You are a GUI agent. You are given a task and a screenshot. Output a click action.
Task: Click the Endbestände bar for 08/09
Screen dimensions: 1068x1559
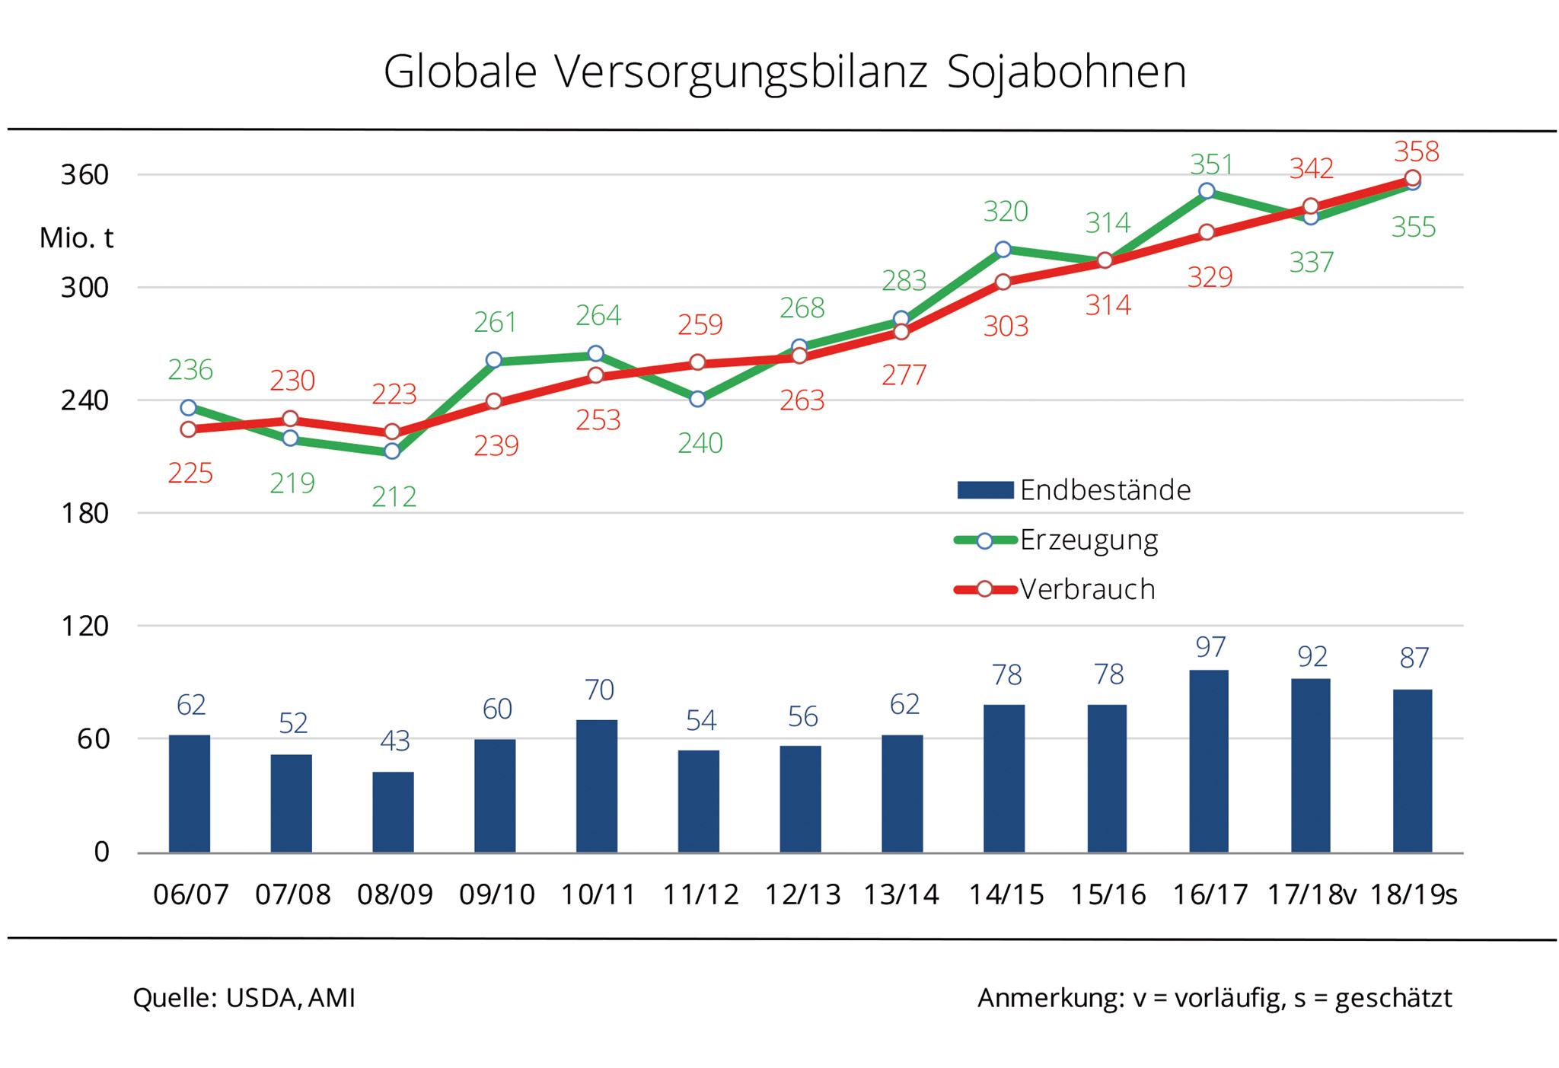(393, 811)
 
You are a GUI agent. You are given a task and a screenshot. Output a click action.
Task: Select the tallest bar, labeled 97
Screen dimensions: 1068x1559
(1208, 760)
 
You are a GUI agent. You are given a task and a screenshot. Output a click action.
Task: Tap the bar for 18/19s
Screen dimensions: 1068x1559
(1412, 770)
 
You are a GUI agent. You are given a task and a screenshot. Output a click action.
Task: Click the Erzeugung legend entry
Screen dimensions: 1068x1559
(1088, 540)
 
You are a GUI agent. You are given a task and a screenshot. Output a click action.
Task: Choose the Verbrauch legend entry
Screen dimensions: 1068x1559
(1086, 590)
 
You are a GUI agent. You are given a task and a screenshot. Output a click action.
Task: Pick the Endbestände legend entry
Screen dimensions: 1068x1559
(1105, 490)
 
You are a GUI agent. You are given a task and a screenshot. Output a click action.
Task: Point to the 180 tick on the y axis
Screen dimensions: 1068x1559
(84, 514)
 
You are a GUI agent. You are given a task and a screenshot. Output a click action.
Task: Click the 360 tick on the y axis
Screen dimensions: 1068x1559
(84, 175)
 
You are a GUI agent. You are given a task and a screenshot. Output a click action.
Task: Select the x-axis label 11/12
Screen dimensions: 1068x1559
(700, 894)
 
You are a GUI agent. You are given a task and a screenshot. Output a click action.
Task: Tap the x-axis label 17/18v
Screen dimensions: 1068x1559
(1311, 894)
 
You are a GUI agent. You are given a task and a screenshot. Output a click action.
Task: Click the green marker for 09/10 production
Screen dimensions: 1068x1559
(494, 360)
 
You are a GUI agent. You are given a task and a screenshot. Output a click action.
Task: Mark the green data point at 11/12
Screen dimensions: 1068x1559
(697, 399)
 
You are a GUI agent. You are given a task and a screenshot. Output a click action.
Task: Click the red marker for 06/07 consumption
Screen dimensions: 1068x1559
(189, 429)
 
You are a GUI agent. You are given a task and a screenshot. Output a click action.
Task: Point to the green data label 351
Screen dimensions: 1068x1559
(1210, 164)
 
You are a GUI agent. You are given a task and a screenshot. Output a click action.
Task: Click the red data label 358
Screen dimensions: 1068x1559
(1416, 151)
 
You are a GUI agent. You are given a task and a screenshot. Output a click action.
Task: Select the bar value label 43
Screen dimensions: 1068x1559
(394, 741)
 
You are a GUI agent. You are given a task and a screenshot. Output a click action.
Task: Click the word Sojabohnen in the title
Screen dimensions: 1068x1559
(1066, 72)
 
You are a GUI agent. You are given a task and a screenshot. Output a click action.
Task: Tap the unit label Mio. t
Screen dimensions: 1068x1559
(76, 238)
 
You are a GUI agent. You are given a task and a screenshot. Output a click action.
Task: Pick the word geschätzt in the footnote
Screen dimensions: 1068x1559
(1393, 998)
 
